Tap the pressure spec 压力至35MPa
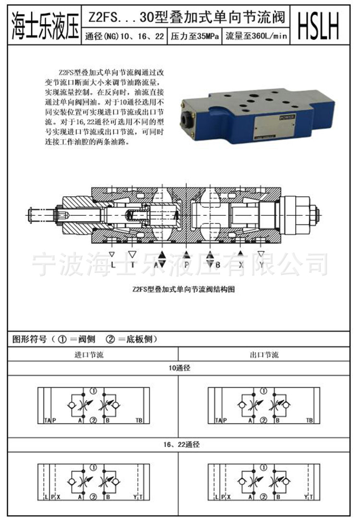click(x=194, y=36)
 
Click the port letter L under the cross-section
click(x=112, y=265)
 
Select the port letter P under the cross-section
click(x=186, y=265)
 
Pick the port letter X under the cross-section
click(x=241, y=265)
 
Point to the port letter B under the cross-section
click(x=217, y=265)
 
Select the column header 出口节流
click(x=264, y=355)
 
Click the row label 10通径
click(x=179, y=369)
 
